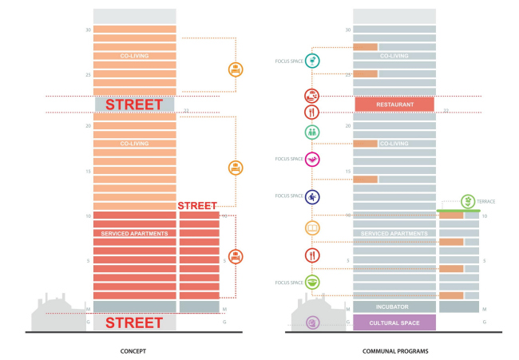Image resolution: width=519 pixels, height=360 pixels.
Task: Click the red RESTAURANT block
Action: tap(394, 103)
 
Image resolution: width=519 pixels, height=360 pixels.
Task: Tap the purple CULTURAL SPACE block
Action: tap(394, 322)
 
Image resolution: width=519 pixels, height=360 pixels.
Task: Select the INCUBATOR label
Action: tap(394, 306)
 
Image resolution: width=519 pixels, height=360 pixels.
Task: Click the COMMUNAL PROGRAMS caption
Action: tap(394, 350)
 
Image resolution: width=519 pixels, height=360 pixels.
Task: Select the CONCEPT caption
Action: tap(134, 350)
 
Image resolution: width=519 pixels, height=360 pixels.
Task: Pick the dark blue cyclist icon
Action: tap(313, 196)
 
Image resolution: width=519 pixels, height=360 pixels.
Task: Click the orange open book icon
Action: tap(313, 229)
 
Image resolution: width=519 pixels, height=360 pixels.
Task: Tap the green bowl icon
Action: tap(313, 282)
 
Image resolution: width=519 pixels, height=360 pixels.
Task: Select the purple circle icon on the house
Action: tap(313, 322)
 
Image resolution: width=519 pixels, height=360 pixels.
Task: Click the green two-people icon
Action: tap(313, 132)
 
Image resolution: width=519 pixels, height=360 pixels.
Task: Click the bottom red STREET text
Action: tap(134, 322)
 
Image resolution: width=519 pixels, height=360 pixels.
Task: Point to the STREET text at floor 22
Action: tap(134, 105)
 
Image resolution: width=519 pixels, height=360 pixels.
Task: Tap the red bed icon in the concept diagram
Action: tap(236, 256)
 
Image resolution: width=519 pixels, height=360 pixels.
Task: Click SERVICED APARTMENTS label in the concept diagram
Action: tap(134, 232)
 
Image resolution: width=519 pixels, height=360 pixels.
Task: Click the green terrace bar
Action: tap(459, 211)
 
